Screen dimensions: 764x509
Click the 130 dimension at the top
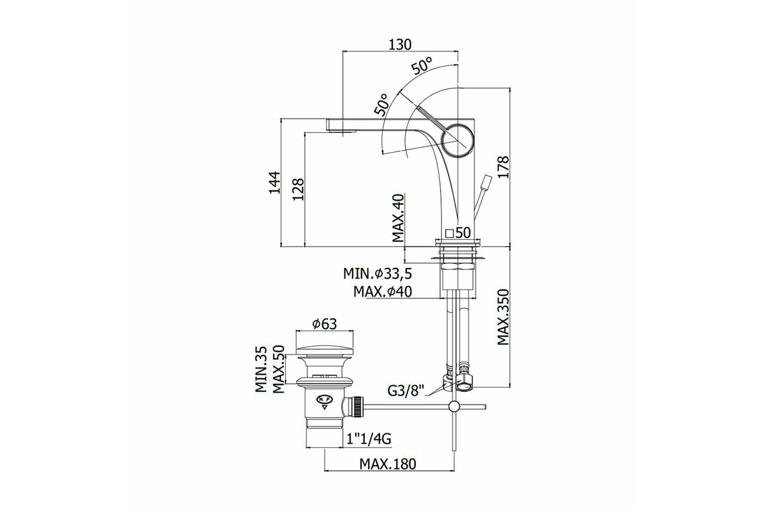pyautogui.click(x=400, y=45)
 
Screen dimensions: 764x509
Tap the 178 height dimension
pyautogui.click(x=503, y=167)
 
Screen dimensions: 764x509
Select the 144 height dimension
pyautogui.click(x=274, y=183)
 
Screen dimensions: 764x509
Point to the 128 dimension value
pyautogui.click(x=299, y=189)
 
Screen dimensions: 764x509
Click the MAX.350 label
pyautogui.click(x=503, y=317)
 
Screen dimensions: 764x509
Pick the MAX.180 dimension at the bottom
pyautogui.click(x=388, y=464)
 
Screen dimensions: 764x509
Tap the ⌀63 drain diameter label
pyautogui.click(x=324, y=324)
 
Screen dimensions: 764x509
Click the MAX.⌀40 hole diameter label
pyautogui.click(x=383, y=291)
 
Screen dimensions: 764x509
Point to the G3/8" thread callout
pyautogui.click(x=406, y=391)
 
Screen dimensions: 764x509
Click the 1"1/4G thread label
pyautogui.click(x=369, y=439)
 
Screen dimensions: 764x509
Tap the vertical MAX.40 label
pyautogui.click(x=398, y=218)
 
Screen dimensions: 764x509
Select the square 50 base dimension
pyautogui.click(x=458, y=233)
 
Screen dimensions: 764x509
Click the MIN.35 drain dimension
pyautogui.click(x=261, y=370)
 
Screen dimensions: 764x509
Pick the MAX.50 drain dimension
pyautogui.click(x=279, y=369)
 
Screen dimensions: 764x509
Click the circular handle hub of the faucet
pyautogui.click(x=457, y=140)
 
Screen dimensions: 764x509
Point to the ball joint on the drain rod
pyautogui.click(x=454, y=407)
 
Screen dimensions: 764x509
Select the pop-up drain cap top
pyautogui.click(x=324, y=351)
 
